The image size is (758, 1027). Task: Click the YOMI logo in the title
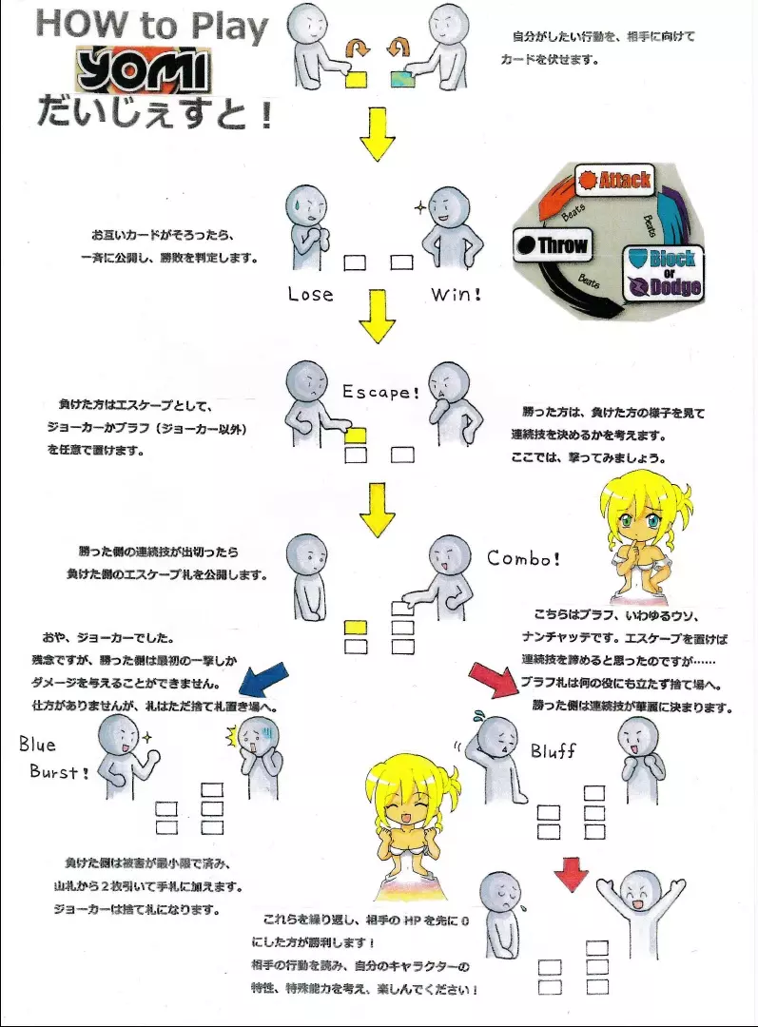(146, 70)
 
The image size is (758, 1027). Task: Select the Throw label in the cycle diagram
(552, 245)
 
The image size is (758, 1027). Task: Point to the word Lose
(311, 295)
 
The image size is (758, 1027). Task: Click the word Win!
(457, 294)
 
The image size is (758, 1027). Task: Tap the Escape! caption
(379, 392)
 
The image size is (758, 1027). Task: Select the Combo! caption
(524, 558)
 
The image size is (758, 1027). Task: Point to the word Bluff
(553, 752)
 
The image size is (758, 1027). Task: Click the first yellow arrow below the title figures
(378, 139)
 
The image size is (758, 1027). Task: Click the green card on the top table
(401, 80)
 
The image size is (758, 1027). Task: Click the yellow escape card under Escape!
(356, 435)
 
